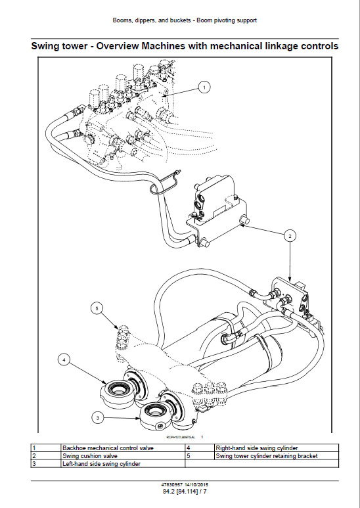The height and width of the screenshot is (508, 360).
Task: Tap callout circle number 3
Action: click(97, 417)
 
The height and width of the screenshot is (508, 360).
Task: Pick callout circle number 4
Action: click(64, 359)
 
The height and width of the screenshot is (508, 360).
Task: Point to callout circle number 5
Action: click(97, 307)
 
